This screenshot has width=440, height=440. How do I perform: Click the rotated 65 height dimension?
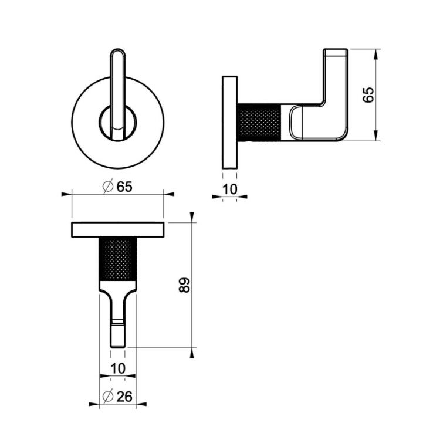(368, 95)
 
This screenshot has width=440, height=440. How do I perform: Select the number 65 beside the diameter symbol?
(124, 187)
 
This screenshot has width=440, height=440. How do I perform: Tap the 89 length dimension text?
(184, 285)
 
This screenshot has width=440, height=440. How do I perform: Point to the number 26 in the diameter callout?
(124, 397)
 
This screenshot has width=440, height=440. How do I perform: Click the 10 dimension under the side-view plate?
(230, 189)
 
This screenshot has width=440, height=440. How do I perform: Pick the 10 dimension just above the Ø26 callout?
(118, 368)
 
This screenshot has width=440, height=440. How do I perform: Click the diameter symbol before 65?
(108, 187)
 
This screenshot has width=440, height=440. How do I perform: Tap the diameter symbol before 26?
(108, 397)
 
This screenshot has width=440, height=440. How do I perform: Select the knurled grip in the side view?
(259, 123)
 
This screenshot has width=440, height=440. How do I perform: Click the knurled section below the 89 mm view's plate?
(118, 259)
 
